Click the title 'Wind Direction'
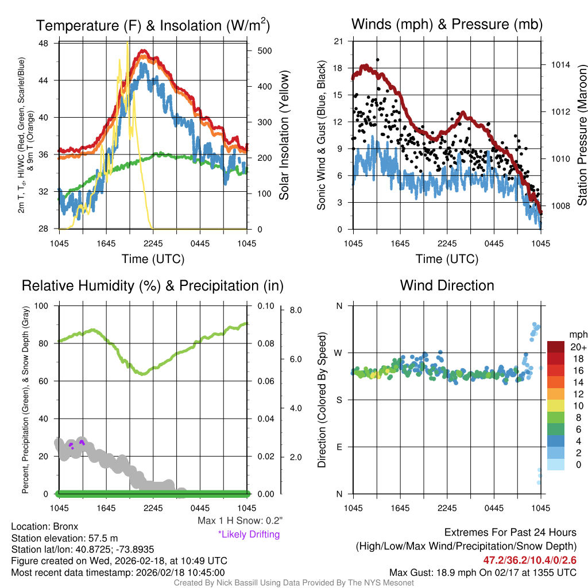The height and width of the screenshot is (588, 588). pyautogui.click(x=447, y=285)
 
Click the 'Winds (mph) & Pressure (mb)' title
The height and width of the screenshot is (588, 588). pyautogui.click(x=447, y=24)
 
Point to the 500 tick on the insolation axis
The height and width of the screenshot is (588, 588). pyautogui.click(x=264, y=51)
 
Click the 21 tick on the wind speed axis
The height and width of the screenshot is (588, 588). pyautogui.click(x=338, y=41)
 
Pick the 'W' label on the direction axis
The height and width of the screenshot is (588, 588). pyautogui.click(x=339, y=353)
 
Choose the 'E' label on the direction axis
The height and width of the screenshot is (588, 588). pyautogui.click(x=339, y=447)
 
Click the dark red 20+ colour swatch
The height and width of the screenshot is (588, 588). pyautogui.click(x=556, y=347)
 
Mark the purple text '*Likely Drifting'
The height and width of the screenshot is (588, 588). pyautogui.click(x=249, y=535)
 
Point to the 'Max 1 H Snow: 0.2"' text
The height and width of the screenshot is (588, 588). pyautogui.click(x=239, y=521)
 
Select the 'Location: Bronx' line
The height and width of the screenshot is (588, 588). pyautogui.click(x=44, y=527)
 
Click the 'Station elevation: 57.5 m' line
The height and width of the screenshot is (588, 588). pyautogui.click(x=64, y=538)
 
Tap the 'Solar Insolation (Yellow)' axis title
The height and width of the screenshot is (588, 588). pyautogui.click(x=284, y=136)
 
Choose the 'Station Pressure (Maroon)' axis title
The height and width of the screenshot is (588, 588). pyautogui.click(x=581, y=136)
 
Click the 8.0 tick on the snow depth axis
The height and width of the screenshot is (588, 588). pyautogui.click(x=296, y=310)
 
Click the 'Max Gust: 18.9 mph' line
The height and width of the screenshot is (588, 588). pyautogui.click(x=483, y=572)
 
